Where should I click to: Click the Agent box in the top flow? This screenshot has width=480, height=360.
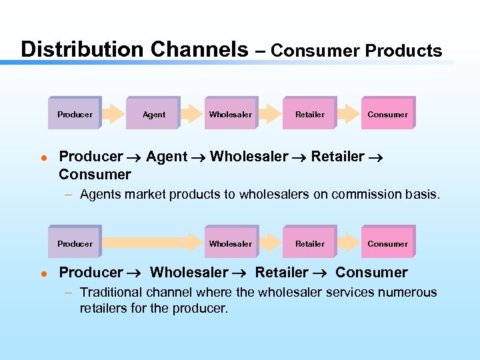pos(153,114)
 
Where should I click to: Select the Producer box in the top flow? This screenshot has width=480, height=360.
pos(75,114)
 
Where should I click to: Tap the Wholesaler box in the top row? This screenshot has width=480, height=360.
pos(231,114)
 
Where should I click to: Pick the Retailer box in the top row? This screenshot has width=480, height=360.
pos(310,114)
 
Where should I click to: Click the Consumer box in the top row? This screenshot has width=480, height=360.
pos(387,114)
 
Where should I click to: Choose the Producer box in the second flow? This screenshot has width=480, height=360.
pos(75,243)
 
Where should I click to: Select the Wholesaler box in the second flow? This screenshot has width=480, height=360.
pos(231,243)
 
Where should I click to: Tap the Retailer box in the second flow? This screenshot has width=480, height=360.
pos(310,243)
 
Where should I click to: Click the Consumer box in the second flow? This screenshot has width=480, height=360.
pos(387,243)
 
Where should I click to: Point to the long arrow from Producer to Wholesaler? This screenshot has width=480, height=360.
pos(153,243)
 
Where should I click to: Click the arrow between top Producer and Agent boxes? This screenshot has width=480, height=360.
pos(114,114)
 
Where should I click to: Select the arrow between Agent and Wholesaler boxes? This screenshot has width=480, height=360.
pos(192,114)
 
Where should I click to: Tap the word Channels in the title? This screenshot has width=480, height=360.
pos(199,49)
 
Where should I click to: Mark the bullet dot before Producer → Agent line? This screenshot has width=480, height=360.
pos(42,158)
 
